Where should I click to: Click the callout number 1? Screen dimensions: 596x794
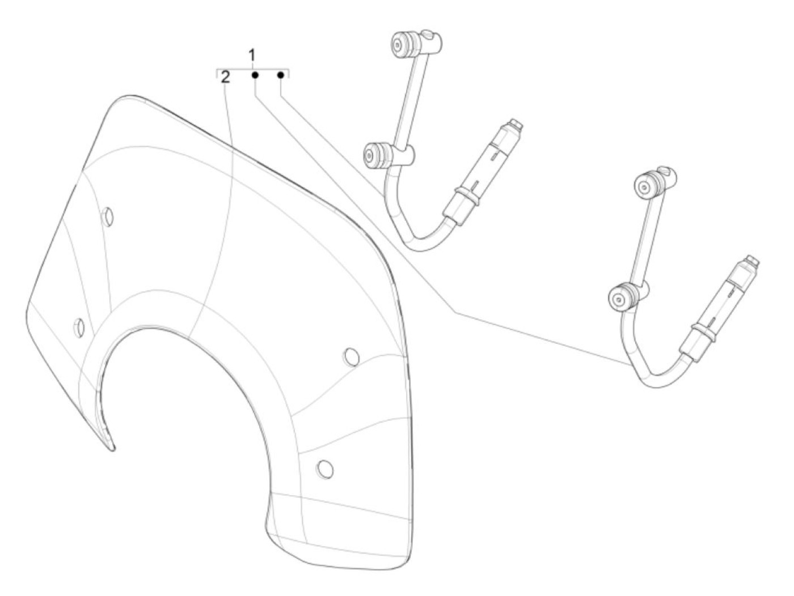pos(252,56)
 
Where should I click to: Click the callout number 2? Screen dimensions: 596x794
pos(226,77)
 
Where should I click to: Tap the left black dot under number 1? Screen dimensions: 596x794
pos(255,75)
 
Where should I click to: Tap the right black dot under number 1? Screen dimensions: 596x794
pos(280,75)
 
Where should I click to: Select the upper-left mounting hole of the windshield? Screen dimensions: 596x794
pos(107,216)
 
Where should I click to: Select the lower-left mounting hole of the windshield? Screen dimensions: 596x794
pos(79,326)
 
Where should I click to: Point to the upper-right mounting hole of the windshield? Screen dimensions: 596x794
pos(352,356)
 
